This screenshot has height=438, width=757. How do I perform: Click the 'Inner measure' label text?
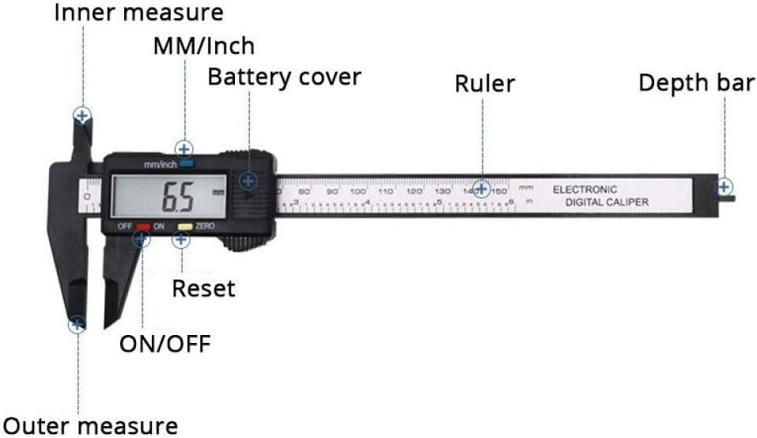tap(138, 13)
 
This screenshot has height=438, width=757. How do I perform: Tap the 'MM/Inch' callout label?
tap(204, 46)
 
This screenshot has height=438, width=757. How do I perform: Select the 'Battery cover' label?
tap(284, 78)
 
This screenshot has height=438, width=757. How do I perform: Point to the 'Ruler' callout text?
tap(484, 83)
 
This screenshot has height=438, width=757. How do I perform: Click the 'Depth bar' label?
tap(696, 83)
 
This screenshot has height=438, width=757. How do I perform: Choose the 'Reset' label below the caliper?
tap(203, 288)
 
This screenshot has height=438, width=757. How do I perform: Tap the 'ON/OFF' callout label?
tap(165, 344)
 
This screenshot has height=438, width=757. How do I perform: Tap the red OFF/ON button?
tap(143, 227)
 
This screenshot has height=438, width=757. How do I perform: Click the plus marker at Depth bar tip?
tap(724, 187)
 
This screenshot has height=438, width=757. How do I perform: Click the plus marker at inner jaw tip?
tap(82, 116)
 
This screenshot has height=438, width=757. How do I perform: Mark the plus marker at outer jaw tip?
tap(77, 323)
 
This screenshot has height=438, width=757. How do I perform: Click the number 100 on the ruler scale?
tap(358, 192)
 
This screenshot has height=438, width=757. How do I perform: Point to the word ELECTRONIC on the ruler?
tap(585, 190)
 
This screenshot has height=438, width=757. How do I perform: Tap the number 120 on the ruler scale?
tap(414, 192)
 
